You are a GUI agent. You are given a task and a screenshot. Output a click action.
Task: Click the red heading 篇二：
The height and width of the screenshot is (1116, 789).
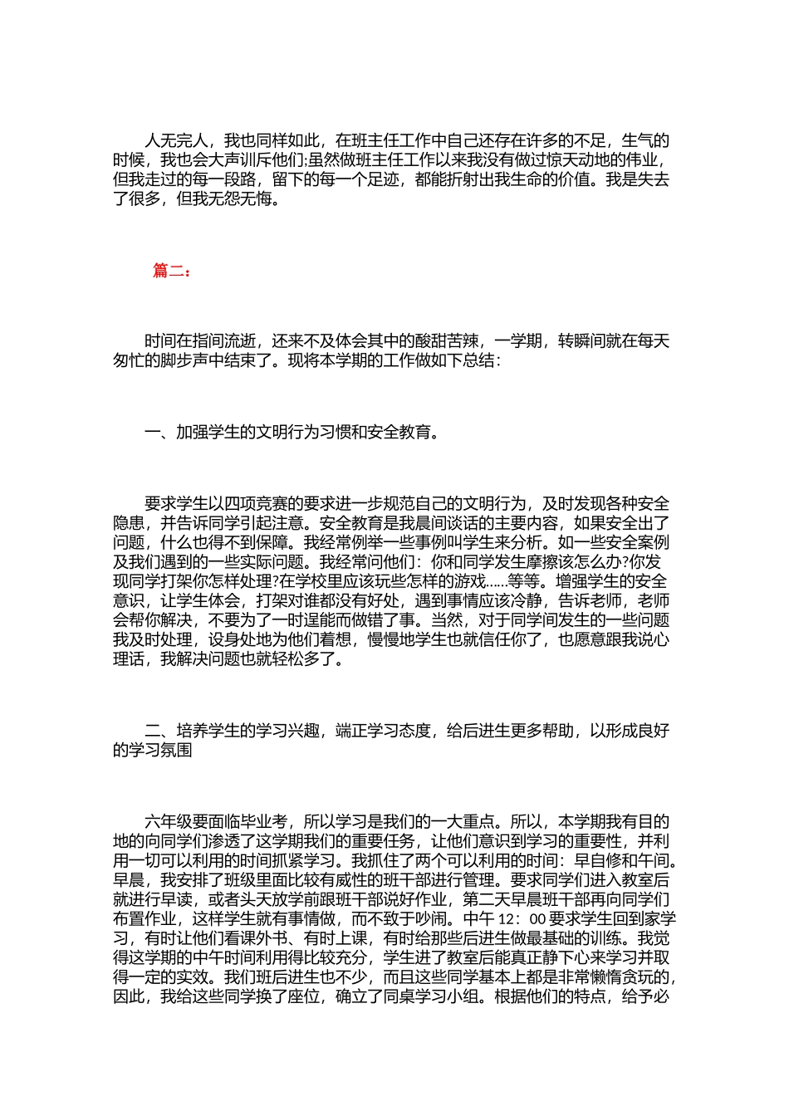pyautogui.click(x=172, y=271)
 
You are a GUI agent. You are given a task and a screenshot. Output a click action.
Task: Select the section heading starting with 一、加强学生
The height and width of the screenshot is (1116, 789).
pyautogui.click(x=291, y=432)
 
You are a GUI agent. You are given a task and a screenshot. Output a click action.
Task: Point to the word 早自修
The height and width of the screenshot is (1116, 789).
pyautogui.click(x=591, y=861)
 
